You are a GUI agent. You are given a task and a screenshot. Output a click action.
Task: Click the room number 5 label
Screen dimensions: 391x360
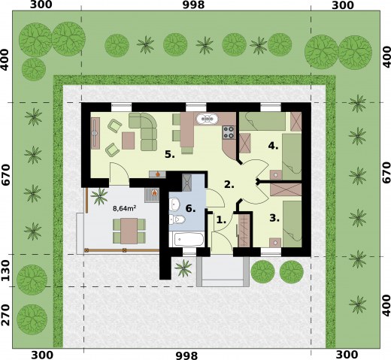point(170,154)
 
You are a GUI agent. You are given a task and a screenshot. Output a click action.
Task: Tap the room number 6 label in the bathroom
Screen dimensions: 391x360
point(190,208)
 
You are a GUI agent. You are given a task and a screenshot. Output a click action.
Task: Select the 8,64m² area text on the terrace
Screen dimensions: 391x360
point(125,208)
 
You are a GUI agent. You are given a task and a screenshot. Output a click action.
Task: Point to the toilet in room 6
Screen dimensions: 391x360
point(177,219)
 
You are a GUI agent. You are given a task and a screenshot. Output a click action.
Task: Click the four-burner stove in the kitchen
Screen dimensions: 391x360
point(229,132)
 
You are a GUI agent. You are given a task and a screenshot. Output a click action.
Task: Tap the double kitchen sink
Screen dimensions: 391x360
point(207,119)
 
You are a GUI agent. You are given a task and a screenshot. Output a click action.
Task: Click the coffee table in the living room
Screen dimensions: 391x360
point(129,141)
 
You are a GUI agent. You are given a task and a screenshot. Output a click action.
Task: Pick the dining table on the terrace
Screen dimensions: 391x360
point(129,231)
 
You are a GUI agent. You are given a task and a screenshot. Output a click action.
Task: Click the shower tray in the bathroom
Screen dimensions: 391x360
point(187,183)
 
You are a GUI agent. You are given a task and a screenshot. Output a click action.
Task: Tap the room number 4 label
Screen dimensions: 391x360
point(273,146)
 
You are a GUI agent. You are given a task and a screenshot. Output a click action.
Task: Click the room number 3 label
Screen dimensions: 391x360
point(274,218)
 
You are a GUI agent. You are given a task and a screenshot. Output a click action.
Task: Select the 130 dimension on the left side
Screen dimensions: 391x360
point(6,271)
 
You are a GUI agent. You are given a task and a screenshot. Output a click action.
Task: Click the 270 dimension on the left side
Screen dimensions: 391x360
point(6,315)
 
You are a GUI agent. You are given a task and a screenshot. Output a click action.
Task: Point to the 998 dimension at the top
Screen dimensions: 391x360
point(193,5)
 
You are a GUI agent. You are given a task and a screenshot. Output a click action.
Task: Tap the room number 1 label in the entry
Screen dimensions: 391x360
point(221,219)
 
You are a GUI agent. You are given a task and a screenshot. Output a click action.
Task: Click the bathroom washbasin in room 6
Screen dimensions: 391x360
point(174,203)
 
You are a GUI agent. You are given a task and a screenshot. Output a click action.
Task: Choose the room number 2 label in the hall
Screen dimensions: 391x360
point(229,185)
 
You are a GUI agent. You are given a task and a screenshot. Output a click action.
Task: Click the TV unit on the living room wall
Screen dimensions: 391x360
point(95,133)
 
